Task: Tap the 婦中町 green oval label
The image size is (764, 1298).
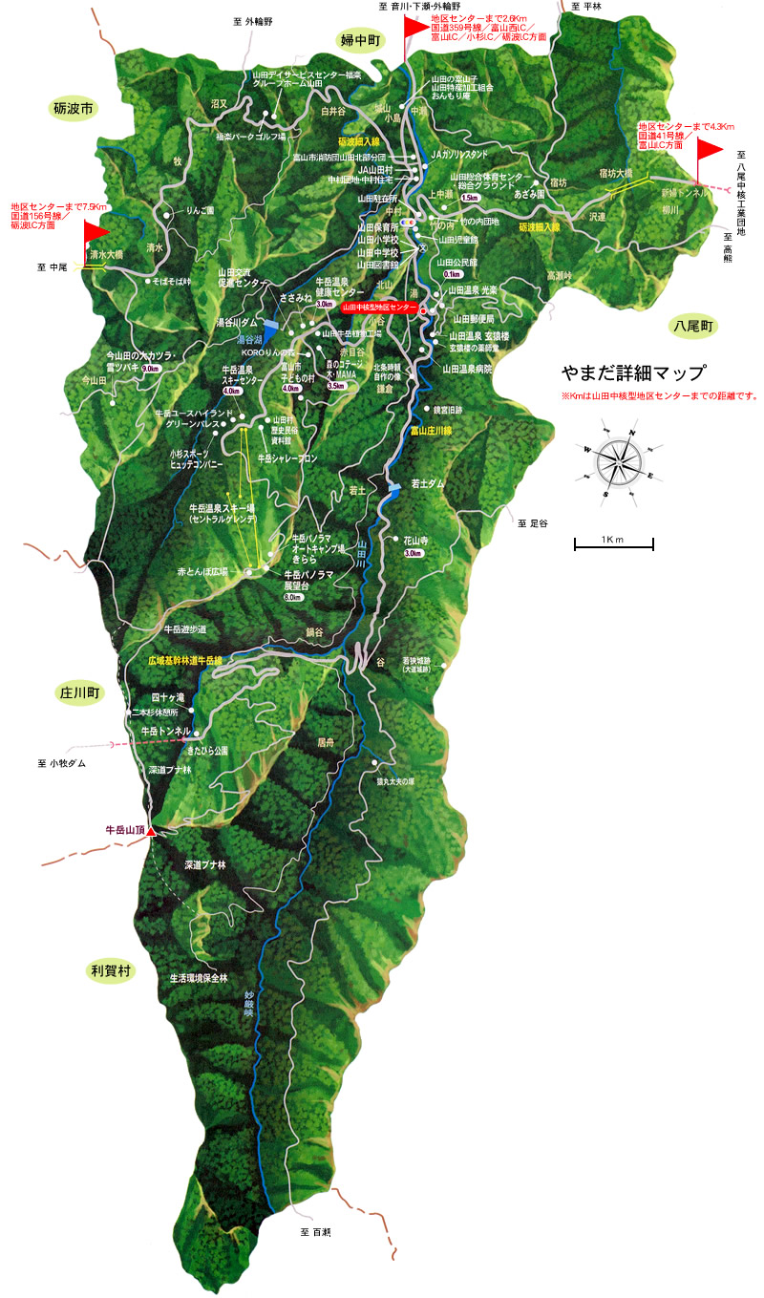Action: pos(360,39)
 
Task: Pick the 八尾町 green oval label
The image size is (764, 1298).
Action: pos(692,327)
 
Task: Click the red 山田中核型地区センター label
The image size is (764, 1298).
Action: pos(380,308)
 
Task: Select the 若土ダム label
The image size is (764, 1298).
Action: pos(428,484)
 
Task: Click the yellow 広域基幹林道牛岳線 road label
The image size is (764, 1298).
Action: pos(185,660)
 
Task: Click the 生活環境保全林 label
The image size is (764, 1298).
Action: pos(199,978)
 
